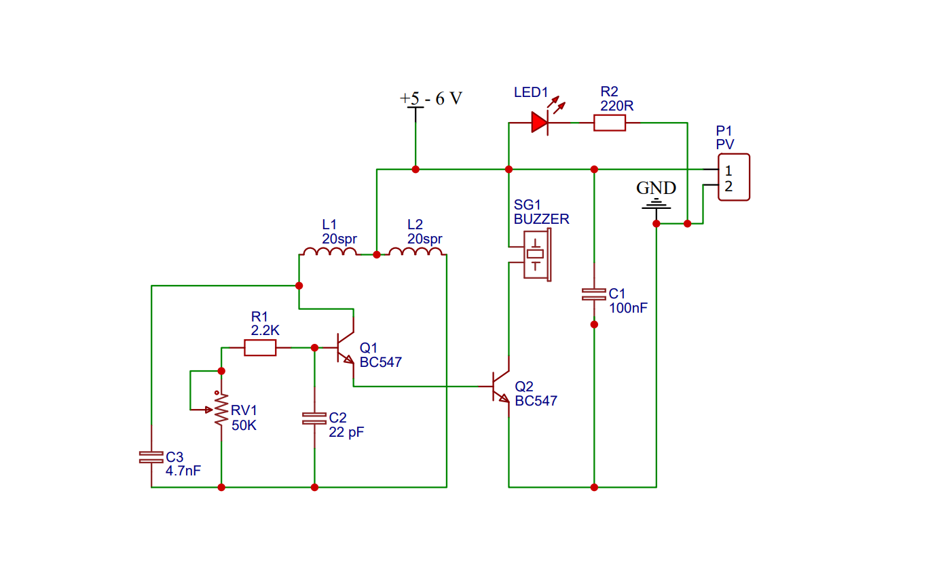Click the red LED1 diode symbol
point(539,122)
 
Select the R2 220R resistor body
point(609,122)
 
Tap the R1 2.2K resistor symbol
point(260,348)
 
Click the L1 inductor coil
point(329,252)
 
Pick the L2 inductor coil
point(415,252)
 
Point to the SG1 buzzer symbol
point(537,254)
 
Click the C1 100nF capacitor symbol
point(594,294)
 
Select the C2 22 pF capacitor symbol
point(314,418)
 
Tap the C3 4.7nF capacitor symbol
point(151,457)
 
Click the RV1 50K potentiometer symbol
point(221,410)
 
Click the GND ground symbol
point(656,203)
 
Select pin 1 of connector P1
point(728,170)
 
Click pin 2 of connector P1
point(728,187)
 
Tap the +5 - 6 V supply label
point(431,98)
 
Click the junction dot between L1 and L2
point(377,254)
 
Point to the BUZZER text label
point(541,220)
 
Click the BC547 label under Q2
point(536,401)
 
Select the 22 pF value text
point(346,432)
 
